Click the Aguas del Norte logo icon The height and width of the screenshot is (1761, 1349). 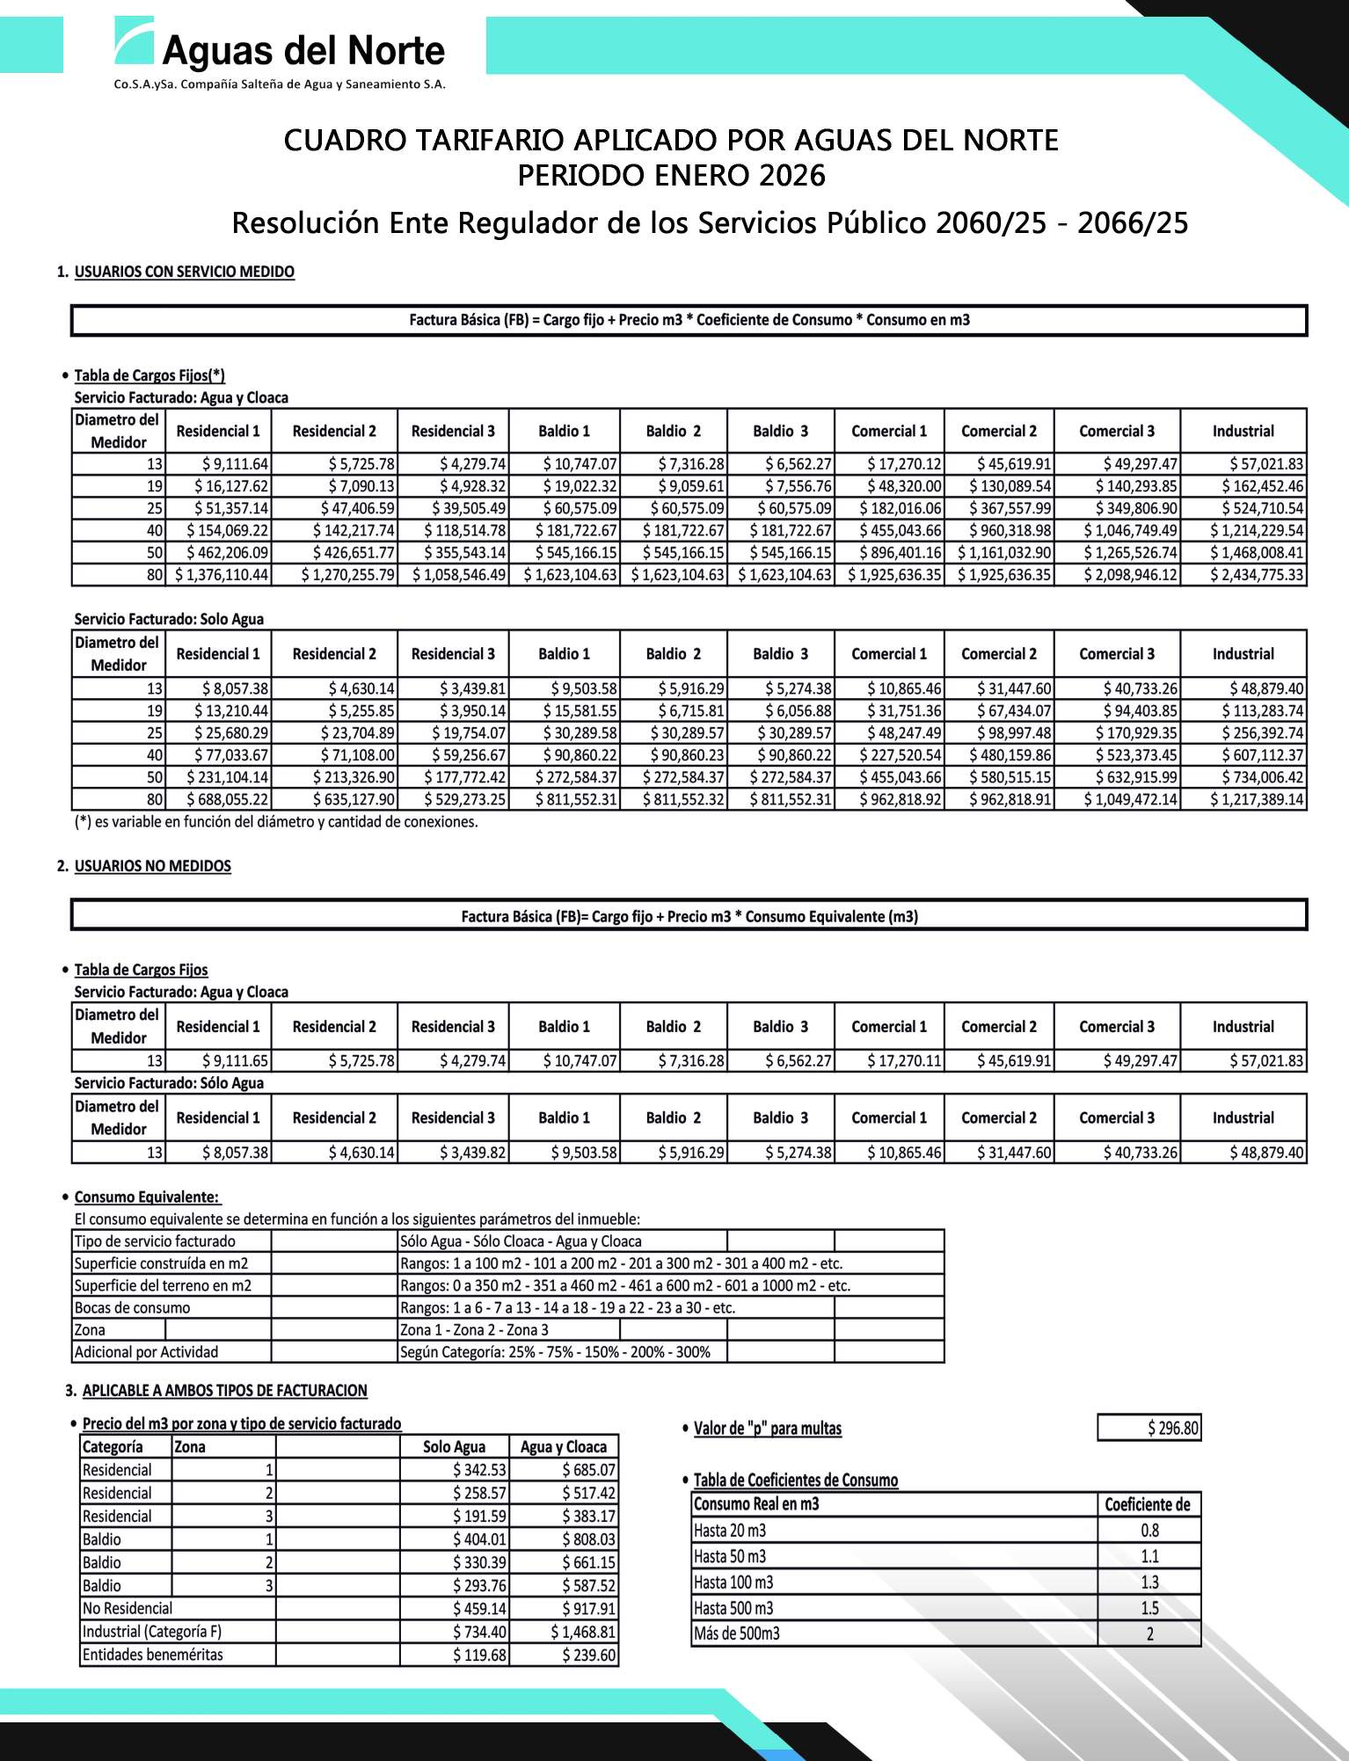coord(135,40)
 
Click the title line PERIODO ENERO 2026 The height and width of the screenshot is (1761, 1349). coord(671,176)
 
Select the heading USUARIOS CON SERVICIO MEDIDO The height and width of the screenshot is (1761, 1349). coord(184,272)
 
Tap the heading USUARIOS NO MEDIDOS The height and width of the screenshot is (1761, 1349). coord(152,866)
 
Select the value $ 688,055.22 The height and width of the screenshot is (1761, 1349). coord(227,799)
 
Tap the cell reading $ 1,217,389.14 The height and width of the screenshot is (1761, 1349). coord(1257,799)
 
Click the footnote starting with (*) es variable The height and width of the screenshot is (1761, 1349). coord(276,822)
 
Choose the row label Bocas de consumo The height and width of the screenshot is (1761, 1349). coord(132,1307)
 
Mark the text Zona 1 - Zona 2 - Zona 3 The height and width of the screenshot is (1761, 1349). coord(474,1329)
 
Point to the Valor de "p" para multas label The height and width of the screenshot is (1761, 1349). coord(767,1429)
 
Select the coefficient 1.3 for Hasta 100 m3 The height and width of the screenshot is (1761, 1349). coord(1149,1582)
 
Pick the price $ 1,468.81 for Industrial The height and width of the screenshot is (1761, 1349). coord(583,1632)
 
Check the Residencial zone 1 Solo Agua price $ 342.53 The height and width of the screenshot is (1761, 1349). coord(480,1470)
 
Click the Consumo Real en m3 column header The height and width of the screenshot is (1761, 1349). coord(756,1504)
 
